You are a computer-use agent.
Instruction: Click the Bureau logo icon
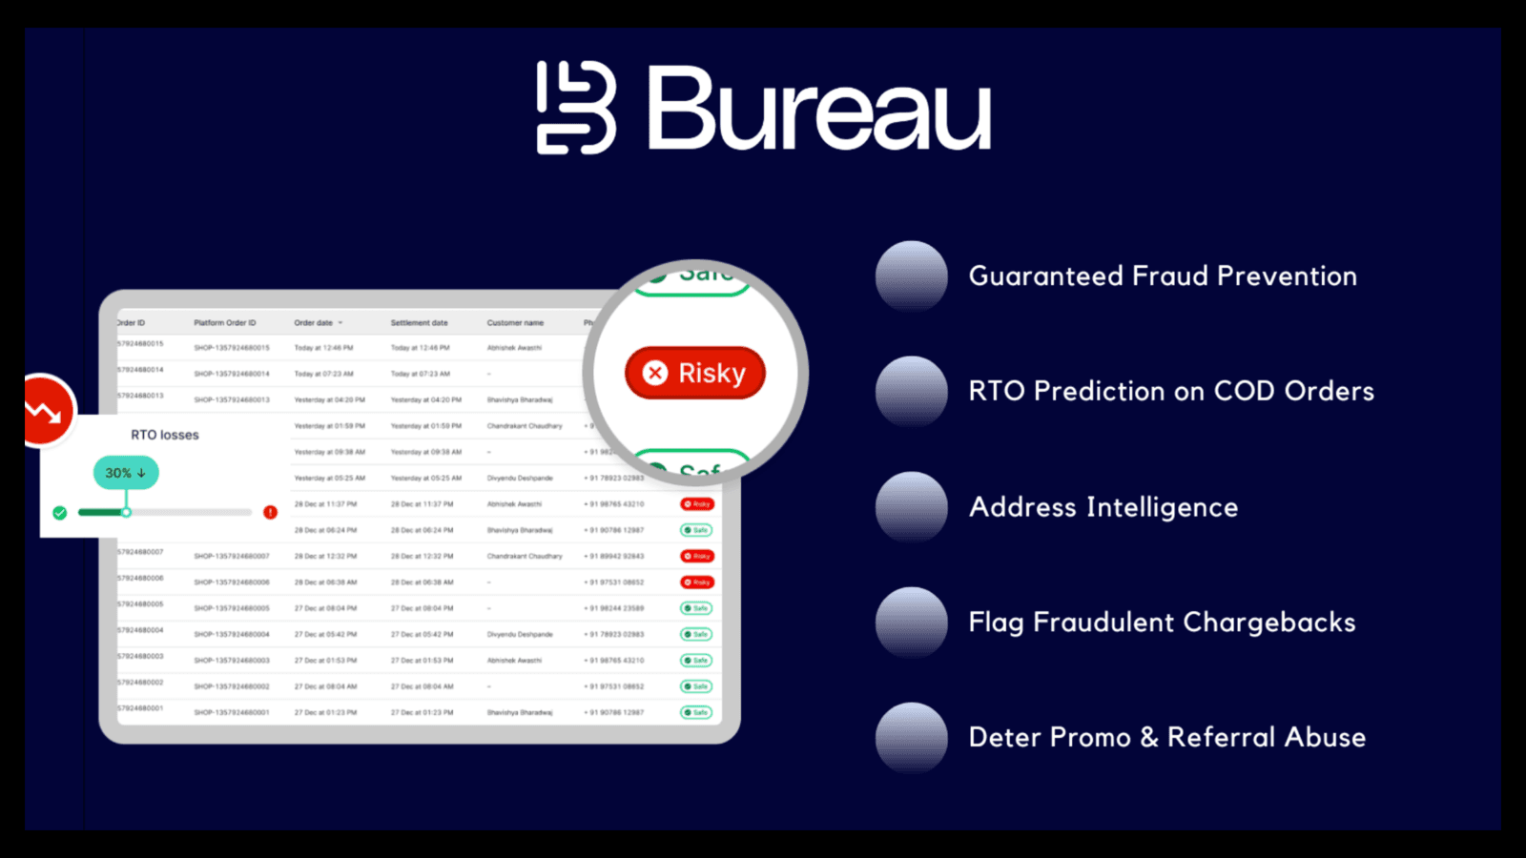pos(576,108)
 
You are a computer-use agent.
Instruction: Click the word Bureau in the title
pos(819,109)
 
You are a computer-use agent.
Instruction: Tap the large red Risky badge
pos(695,373)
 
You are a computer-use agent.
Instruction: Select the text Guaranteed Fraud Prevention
pos(1163,276)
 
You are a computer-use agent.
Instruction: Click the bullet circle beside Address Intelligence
pos(912,506)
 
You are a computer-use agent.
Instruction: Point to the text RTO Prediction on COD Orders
pos(1171,391)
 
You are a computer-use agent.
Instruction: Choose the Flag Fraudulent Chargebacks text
pos(1162,623)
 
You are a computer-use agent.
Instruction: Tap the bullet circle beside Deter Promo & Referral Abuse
pos(912,737)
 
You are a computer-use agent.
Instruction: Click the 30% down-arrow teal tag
pos(125,473)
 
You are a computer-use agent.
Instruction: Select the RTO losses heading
pos(165,435)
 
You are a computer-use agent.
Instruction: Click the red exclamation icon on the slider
pos(271,513)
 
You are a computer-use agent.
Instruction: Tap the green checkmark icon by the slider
pos(60,513)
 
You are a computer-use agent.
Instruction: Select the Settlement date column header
pos(419,323)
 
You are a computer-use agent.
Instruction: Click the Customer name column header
pos(515,323)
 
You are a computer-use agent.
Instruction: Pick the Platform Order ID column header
pos(225,323)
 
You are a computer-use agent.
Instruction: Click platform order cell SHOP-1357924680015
pos(232,348)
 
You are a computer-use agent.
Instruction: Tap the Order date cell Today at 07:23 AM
pos(323,374)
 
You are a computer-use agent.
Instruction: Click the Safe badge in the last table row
pos(696,712)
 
